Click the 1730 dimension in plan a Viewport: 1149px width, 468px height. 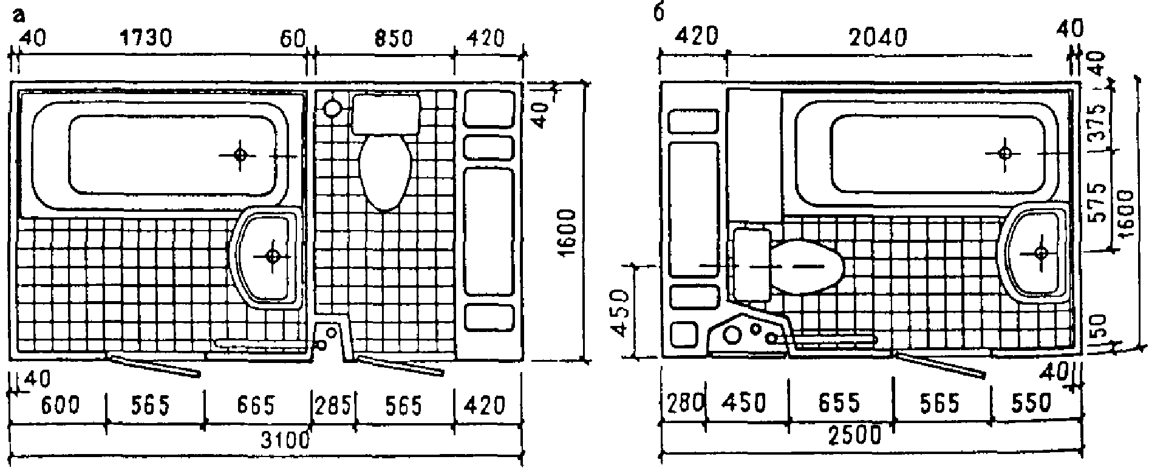146,38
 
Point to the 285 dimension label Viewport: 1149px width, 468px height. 333,404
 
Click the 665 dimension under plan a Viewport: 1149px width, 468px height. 255,404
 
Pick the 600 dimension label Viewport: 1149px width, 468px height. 60,404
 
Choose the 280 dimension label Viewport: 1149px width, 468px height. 684,403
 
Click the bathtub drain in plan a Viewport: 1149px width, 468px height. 240,154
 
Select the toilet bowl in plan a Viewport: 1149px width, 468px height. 386,171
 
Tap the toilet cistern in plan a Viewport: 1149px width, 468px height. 387,114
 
